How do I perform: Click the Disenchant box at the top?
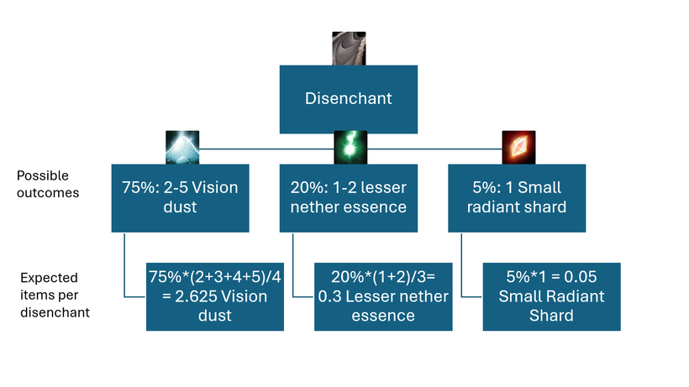348,98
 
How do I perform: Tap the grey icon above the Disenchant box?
348,48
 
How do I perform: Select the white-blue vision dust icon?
182,148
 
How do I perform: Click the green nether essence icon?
350,148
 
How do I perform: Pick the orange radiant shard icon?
518,148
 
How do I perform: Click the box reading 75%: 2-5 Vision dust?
180,197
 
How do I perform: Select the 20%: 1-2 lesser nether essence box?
348,197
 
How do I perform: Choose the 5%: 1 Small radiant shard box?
516,197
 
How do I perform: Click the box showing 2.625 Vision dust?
214,296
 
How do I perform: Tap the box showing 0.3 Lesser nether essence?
383,296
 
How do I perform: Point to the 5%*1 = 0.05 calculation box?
551,296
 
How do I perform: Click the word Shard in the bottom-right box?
551,316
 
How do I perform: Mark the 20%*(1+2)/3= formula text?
383,277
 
